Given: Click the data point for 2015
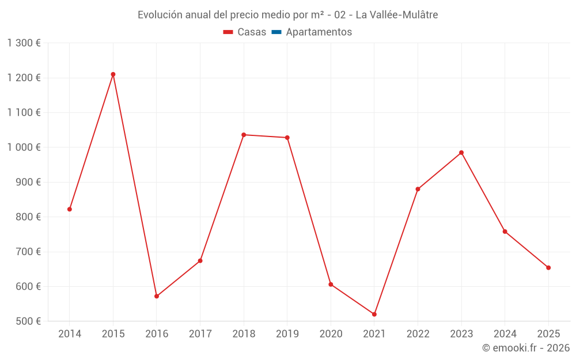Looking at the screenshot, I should coord(113,74).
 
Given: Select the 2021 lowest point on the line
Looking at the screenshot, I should coord(374,314).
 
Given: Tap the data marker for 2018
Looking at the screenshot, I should coord(244,135).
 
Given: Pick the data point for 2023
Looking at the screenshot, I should coord(461,153).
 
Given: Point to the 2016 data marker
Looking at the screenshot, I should coord(157,296).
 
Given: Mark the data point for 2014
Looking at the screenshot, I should coord(70,209).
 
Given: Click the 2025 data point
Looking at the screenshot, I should coord(548,268).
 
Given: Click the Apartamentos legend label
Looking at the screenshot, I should coord(319,32).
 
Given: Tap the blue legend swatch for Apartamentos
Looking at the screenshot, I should coord(276,32).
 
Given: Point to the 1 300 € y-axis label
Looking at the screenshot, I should coord(24,43).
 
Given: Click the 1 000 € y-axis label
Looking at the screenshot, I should coord(24,147).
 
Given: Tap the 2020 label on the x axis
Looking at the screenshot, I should coord(331,334).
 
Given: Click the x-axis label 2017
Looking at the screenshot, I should coord(200,334).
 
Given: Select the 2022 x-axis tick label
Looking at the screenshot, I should coord(418,334).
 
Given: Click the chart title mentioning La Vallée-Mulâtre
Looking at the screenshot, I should coord(287,15).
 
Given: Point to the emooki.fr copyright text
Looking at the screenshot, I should coord(525,348).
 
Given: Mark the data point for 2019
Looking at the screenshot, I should coord(287,138).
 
